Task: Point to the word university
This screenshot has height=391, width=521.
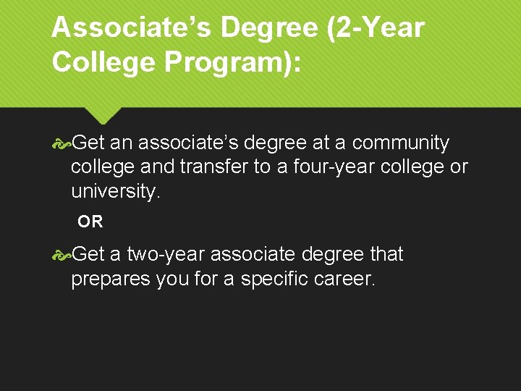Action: click(114, 192)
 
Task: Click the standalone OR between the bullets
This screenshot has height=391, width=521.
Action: click(90, 222)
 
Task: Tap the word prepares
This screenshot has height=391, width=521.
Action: click(111, 279)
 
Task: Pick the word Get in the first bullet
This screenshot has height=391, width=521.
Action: click(88, 143)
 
